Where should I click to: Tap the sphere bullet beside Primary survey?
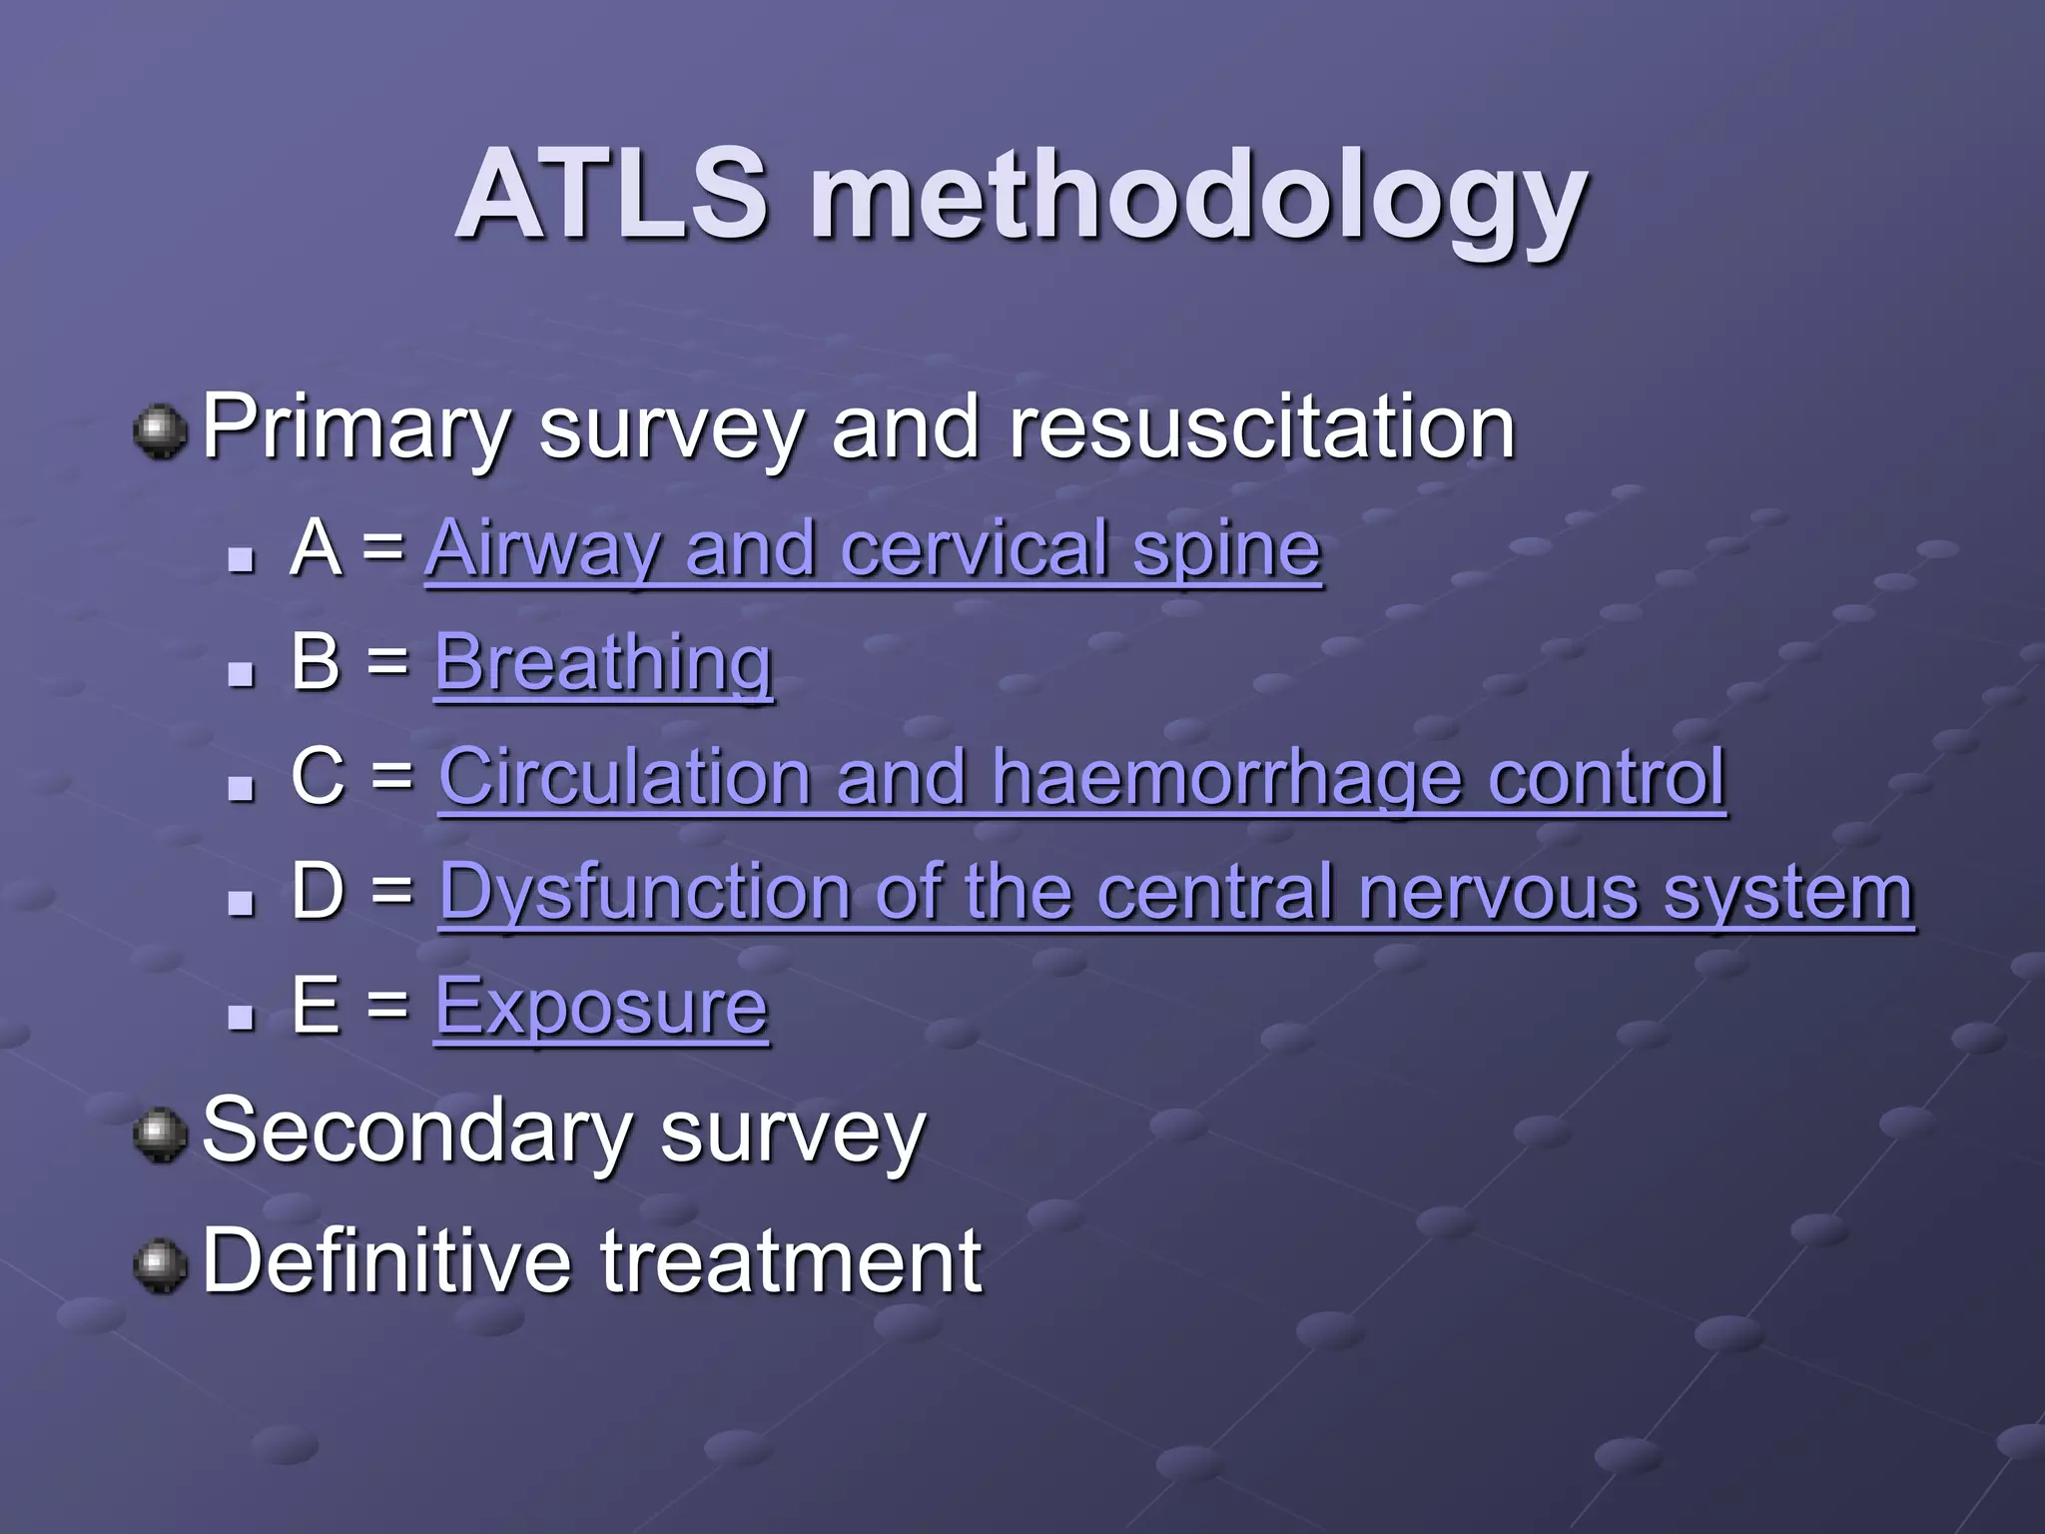[x=161, y=432]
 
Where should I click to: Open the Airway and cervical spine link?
[x=873, y=549]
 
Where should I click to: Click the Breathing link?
[x=603, y=663]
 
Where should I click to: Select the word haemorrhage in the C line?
[x=1226, y=777]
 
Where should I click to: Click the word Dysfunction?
[x=644, y=891]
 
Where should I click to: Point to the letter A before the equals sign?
[x=316, y=548]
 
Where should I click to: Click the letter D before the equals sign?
[x=318, y=891]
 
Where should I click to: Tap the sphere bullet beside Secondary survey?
[x=161, y=1137]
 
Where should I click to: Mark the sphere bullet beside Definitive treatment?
[x=161, y=1266]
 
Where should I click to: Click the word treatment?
[x=791, y=1261]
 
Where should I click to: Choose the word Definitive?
[x=386, y=1261]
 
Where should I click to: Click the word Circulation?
[x=624, y=777]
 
